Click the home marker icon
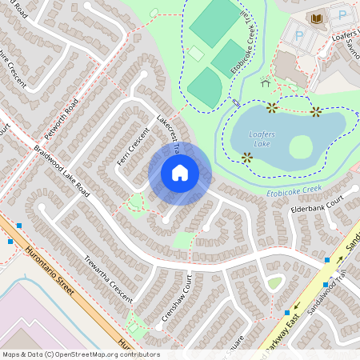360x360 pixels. [180, 173]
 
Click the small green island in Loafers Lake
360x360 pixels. [300, 146]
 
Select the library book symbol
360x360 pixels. [317, 18]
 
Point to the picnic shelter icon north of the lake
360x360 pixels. [265, 81]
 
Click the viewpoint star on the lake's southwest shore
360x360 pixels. [247, 158]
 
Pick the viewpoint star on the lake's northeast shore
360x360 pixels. [316, 111]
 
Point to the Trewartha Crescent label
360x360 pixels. [110, 275]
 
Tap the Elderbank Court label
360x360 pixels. [317, 204]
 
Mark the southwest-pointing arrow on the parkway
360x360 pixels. [298, 306]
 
